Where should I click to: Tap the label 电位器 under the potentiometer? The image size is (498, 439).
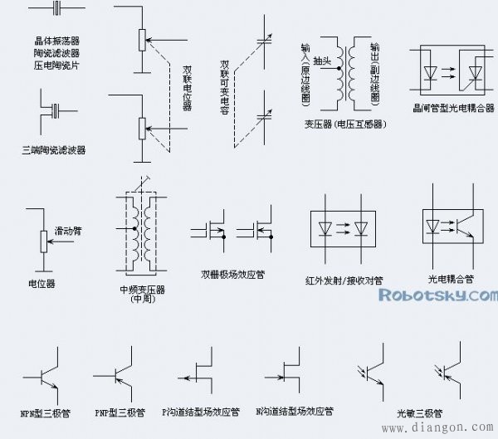click(41, 284)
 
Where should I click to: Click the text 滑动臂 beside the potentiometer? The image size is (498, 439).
click(69, 229)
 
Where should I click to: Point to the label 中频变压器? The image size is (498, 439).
click(142, 290)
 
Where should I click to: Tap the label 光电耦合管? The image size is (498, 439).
click(451, 279)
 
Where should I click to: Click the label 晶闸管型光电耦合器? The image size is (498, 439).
click(447, 107)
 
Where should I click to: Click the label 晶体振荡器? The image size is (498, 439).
click(57, 40)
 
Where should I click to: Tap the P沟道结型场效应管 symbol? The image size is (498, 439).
click(200, 376)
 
